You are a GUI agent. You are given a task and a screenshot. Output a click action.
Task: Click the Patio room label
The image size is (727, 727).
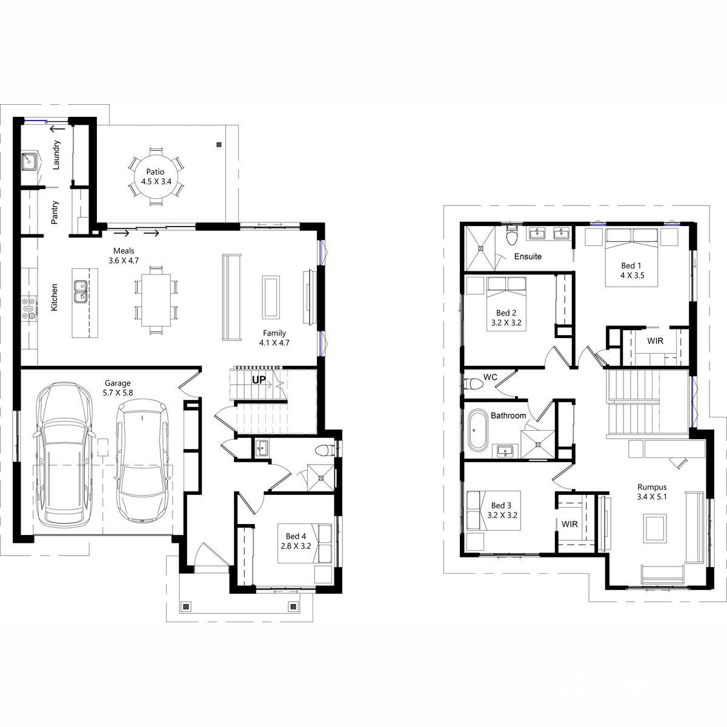pyautogui.click(x=155, y=171)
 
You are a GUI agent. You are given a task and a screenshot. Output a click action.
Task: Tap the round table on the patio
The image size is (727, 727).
pyautogui.click(x=156, y=176)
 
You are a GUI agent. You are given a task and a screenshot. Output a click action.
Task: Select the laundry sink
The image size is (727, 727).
pyautogui.click(x=28, y=161)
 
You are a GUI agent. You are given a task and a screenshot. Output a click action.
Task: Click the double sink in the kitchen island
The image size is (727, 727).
pyautogui.click(x=81, y=291)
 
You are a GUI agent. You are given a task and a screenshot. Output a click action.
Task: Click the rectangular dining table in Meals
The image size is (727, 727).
pyautogui.click(x=156, y=300)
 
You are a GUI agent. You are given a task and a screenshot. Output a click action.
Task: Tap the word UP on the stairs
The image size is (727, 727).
pyautogui.click(x=259, y=379)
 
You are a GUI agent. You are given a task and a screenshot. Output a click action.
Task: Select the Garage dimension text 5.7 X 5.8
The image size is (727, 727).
pyautogui.click(x=118, y=393)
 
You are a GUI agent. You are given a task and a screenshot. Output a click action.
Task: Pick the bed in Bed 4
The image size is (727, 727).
pyautogui.click(x=305, y=543)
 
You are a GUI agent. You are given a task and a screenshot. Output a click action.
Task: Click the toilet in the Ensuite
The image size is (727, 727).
pyautogui.click(x=512, y=235)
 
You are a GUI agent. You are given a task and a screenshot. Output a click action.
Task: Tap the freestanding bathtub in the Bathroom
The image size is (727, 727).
pyautogui.click(x=477, y=430)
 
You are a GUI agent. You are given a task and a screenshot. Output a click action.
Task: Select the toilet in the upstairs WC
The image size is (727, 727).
pyautogui.click(x=473, y=384)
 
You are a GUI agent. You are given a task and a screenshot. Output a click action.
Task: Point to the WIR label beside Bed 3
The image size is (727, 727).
pyautogui.click(x=569, y=524)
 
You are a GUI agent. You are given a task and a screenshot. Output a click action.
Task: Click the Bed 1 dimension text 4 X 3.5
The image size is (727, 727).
pyautogui.click(x=632, y=276)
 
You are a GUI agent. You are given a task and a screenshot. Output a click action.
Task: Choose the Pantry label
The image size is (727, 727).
pyautogui.click(x=55, y=213)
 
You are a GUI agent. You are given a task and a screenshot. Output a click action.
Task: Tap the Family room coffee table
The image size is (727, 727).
pyautogui.click(x=271, y=297)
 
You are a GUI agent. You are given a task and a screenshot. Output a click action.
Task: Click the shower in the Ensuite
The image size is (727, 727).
pyautogui.click(x=479, y=248)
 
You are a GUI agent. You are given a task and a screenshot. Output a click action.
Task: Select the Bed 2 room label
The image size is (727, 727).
pyautogui.click(x=506, y=313)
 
